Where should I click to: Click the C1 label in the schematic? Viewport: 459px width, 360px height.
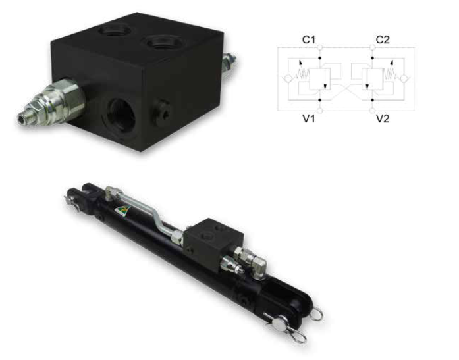(309, 39)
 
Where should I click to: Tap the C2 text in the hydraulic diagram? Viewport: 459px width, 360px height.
(383, 39)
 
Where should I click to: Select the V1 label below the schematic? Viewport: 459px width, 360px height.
(309, 118)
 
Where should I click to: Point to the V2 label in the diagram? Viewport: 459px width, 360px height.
(383, 118)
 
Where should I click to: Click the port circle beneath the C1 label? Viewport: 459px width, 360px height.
(319, 47)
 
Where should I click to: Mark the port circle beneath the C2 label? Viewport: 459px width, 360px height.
(372, 47)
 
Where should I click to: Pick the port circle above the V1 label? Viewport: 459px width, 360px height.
(319, 111)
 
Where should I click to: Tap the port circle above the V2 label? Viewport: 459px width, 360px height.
(372, 111)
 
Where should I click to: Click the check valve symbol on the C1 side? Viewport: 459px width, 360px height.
(287, 78)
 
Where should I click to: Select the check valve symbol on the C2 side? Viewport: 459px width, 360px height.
(405, 78)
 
